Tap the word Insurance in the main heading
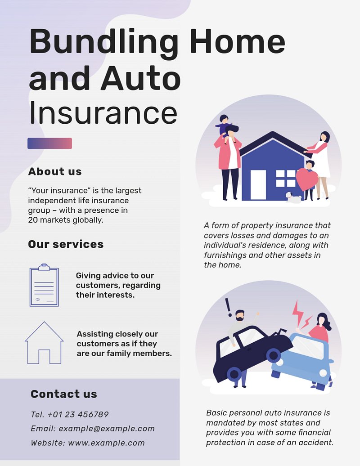click(103, 113)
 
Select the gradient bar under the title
click(49, 143)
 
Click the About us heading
click(55, 171)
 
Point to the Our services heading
click(66, 244)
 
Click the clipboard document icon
click(44, 285)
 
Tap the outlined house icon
click(44, 343)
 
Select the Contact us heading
click(63, 394)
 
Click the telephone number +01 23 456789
click(78, 414)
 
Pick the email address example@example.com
click(106, 429)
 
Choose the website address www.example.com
click(106, 443)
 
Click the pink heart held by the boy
click(307, 179)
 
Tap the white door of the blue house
click(258, 184)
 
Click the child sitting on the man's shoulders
click(224, 128)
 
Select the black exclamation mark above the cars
click(228, 307)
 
